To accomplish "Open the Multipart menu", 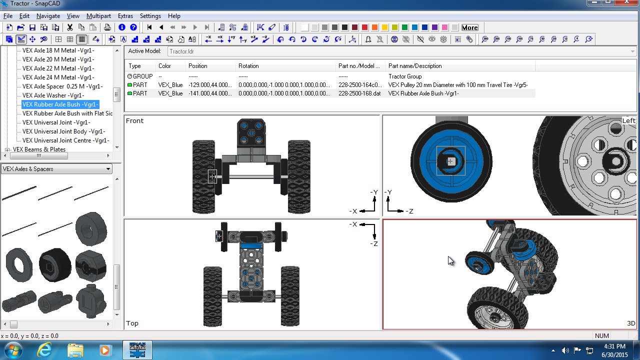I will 98,16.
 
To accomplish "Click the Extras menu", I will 125,16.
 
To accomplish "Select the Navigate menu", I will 48,16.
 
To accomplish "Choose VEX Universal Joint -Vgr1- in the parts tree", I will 56,122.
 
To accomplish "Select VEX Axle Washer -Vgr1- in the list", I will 53,95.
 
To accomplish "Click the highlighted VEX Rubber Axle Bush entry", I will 60,104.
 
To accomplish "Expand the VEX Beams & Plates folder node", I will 7,149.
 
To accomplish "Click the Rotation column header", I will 248,66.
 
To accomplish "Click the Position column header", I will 197,66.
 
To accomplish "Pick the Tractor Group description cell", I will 404,76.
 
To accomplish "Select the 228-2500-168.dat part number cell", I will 359,93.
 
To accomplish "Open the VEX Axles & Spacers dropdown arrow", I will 108,169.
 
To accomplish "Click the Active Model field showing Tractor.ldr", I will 400,51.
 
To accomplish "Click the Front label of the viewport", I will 134,121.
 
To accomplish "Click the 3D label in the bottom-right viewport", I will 630,323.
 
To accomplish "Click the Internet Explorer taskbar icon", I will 44,349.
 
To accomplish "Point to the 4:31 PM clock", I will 614,346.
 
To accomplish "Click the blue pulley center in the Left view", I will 450,161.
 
